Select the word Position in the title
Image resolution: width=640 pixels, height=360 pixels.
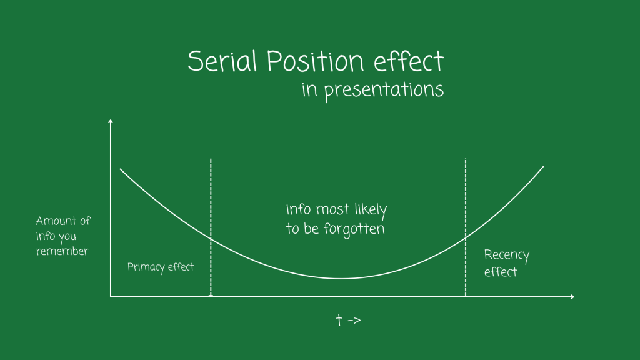coord(315,61)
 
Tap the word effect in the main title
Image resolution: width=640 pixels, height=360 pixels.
coord(409,61)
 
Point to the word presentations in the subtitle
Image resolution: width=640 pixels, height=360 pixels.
coord(384,90)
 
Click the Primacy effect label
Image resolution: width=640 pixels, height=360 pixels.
coord(161,267)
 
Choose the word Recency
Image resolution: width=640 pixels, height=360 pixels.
coord(506,256)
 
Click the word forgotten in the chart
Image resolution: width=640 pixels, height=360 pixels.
coord(354,229)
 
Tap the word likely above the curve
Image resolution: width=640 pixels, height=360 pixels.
coord(370,210)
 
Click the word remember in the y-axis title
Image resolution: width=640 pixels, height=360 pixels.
coord(62,251)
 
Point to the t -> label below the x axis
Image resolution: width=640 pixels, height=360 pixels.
coord(348,320)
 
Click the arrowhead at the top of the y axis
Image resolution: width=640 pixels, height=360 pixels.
coord(110,121)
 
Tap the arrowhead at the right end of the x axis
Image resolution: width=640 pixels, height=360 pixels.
coord(572,297)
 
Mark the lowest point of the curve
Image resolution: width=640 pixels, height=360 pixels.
coord(341,278)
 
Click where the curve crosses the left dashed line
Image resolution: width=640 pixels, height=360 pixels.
coord(211,238)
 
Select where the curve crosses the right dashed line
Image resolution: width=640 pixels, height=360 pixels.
coord(465,237)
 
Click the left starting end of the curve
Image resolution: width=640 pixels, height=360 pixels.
coord(120,169)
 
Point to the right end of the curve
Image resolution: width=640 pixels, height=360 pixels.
coord(543,166)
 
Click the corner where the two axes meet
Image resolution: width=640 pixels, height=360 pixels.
coord(111,296)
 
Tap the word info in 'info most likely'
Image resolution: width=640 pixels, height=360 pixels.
coord(298,209)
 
